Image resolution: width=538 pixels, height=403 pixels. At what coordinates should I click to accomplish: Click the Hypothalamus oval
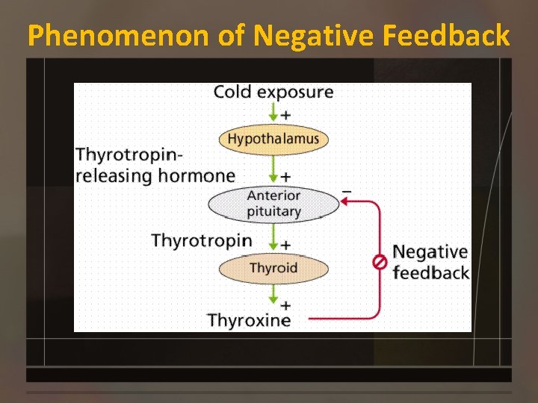pos(273,139)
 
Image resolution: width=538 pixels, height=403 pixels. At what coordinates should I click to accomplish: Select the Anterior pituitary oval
pos(273,204)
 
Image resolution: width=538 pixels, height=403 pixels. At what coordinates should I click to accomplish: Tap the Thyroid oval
pos(273,268)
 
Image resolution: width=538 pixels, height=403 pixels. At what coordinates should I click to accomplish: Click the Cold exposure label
pos(273,93)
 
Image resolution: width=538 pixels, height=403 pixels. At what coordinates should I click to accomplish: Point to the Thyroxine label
pos(249,321)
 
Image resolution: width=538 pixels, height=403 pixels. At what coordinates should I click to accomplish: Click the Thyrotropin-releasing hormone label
pos(155,166)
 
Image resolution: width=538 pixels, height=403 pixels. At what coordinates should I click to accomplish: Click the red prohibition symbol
pos(380,262)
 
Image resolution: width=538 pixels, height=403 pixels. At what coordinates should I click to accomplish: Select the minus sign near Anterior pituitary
pos(346,191)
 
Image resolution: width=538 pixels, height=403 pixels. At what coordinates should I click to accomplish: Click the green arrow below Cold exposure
pos(273,113)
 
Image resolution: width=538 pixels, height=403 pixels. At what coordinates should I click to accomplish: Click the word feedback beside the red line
pos(430,273)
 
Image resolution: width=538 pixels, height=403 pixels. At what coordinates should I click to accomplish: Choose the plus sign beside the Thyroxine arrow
pos(285,304)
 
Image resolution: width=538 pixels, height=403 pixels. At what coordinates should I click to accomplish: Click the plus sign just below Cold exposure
pos(285,115)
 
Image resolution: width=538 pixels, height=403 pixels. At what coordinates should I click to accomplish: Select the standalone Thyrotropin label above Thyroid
pos(202,240)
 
